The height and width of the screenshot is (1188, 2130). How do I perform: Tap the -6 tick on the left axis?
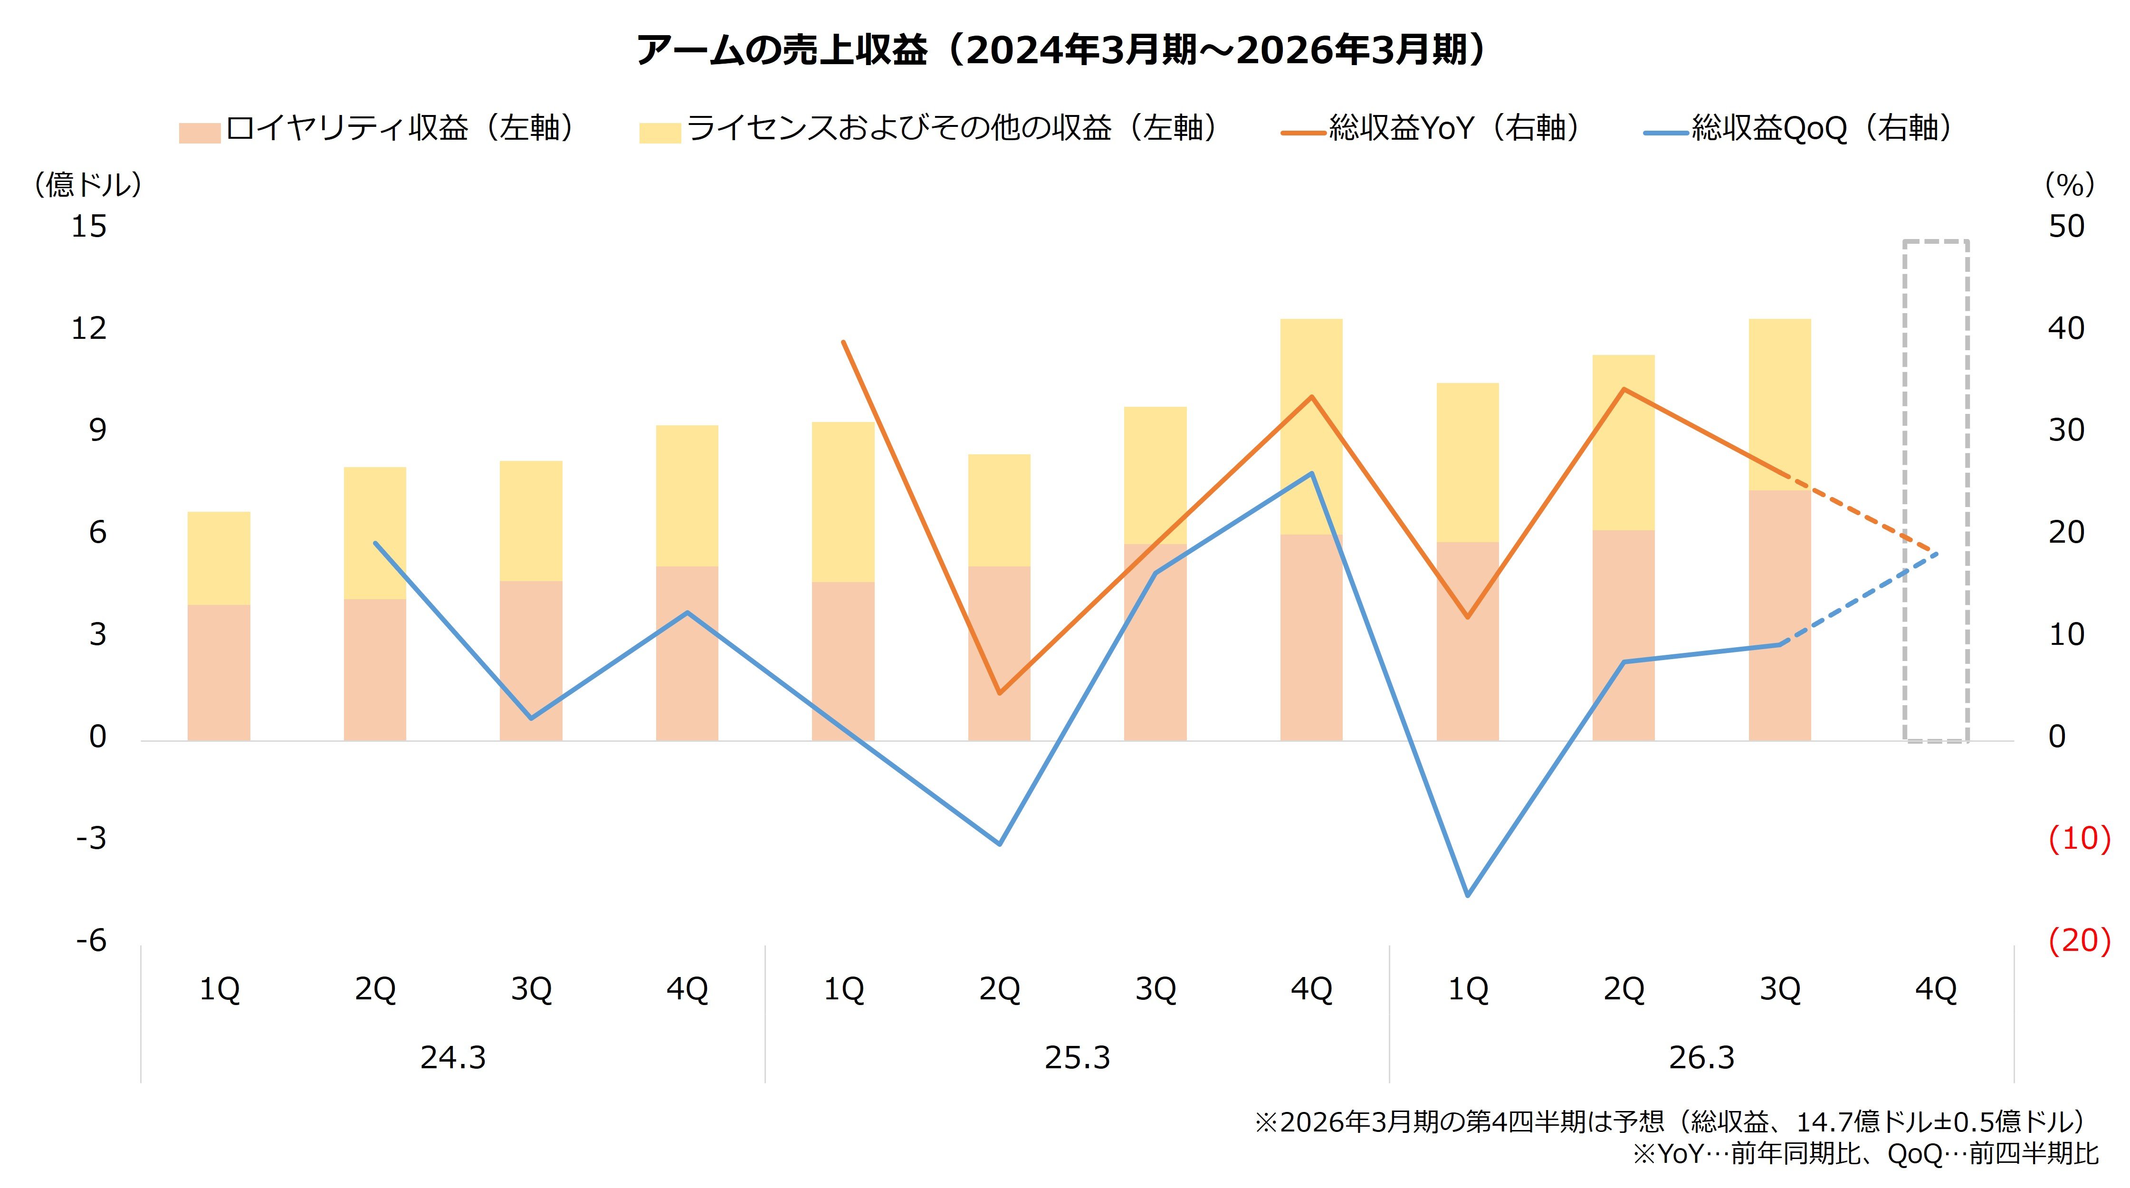pyautogui.click(x=91, y=941)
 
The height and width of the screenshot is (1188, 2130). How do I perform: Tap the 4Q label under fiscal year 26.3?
pyautogui.click(x=1936, y=989)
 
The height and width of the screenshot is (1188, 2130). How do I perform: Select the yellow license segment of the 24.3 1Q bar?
pyautogui.click(x=219, y=558)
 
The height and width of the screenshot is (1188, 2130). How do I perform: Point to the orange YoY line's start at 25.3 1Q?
pyautogui.click(x=843, y=342)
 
